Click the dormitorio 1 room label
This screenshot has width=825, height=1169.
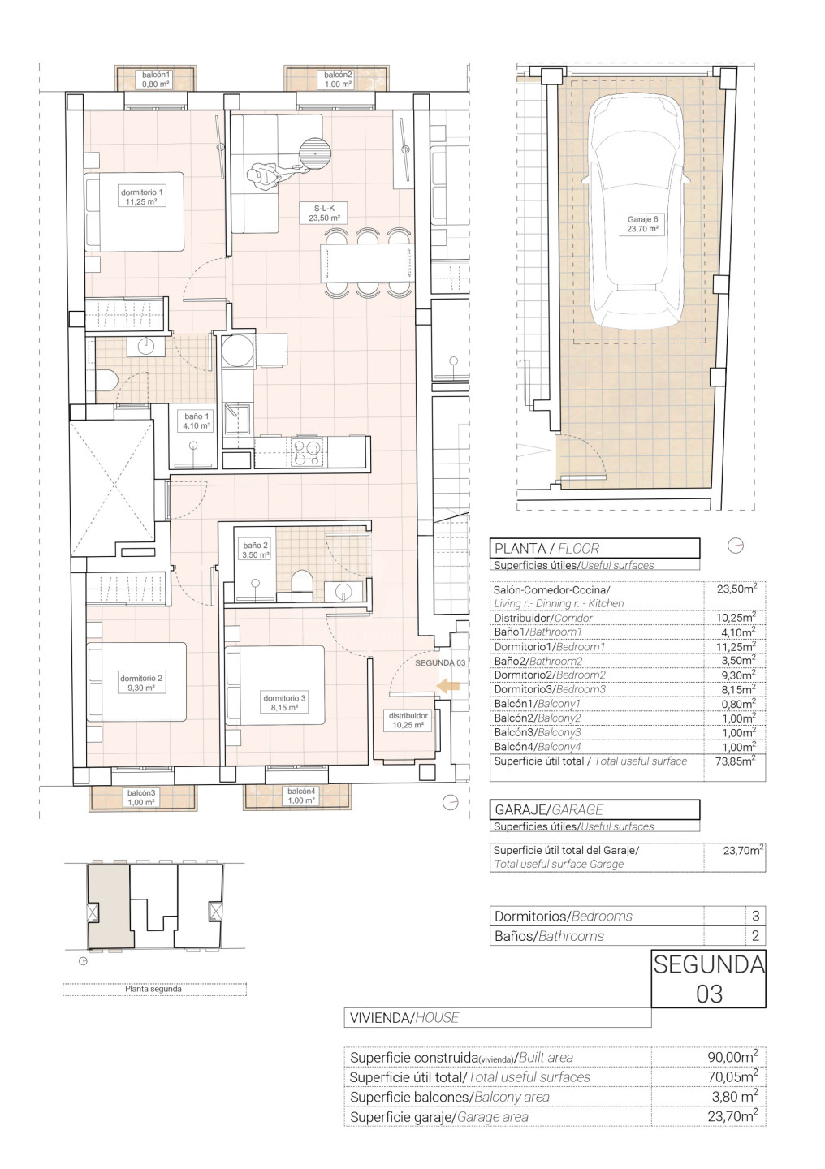[x=141, y=196]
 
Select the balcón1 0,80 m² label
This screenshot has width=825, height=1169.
[x=156, y=80]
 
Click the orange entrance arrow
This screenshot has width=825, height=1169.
[x=448, y=686]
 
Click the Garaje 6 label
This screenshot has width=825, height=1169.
[x=642, y=224]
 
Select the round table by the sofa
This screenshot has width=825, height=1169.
[x=316, y=153]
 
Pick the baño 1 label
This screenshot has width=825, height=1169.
[x=196, y=421]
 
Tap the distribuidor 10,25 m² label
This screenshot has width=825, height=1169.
[x=408, y=720]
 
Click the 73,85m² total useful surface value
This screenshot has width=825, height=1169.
[x=735, y=761]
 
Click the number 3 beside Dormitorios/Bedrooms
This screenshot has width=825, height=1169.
[x=755, y=916]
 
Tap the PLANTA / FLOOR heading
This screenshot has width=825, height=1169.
[x=546, y=549]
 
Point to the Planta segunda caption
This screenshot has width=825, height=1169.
[x=153, y=989]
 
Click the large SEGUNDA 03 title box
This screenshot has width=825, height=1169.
[x=709, y=978]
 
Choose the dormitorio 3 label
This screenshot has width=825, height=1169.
[x=284, y=703]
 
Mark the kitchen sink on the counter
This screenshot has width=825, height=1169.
[x=238, y=419]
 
